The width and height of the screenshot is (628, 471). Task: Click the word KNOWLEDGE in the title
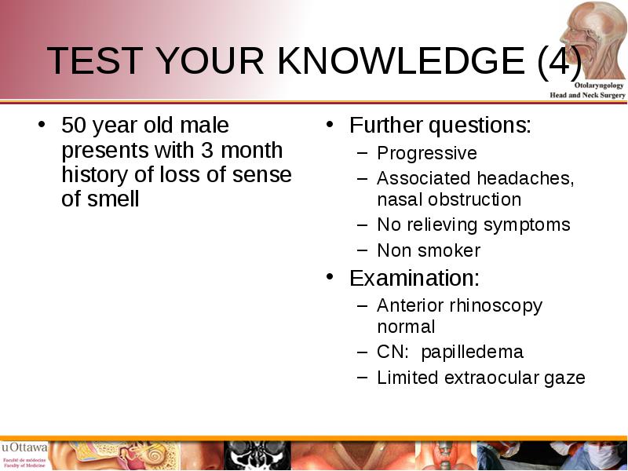tap(401, 60)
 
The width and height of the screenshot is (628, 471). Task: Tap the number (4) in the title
tap(560, 61)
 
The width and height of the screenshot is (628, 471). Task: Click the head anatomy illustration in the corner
tap(593, 40)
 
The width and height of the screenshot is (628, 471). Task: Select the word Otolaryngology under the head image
tap(599, 86)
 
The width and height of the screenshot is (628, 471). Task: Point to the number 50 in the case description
tap(74, 125)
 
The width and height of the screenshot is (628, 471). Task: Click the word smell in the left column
tap(114, 199)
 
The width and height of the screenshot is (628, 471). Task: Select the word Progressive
tap(427, 153)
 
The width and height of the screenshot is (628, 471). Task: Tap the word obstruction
tap(475, 199)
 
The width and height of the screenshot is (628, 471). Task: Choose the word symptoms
tap(527, 225)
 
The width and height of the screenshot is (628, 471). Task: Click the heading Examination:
tap(414, 278)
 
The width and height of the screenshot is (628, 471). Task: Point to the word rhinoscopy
tap(496, 306)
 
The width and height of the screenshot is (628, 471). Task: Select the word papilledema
tap(473, 352)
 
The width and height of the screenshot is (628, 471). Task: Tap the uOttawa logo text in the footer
tap(24, 447)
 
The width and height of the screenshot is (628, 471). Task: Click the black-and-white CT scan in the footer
tap(257, 455)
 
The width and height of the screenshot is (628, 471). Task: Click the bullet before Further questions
tap(330, 124)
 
